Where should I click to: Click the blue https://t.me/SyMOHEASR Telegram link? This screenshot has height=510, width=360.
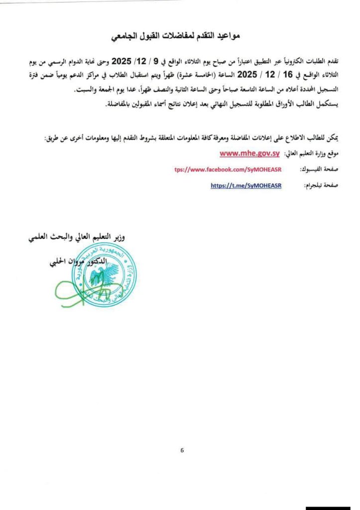coord(246,185)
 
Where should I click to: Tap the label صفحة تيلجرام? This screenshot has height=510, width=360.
coord(318,185)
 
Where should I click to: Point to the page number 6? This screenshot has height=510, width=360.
coord(182,450)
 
